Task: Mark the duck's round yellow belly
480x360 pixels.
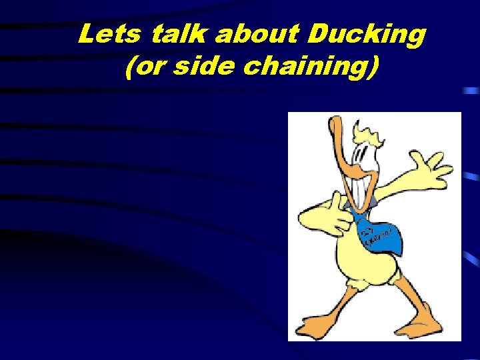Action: [363, 263]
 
